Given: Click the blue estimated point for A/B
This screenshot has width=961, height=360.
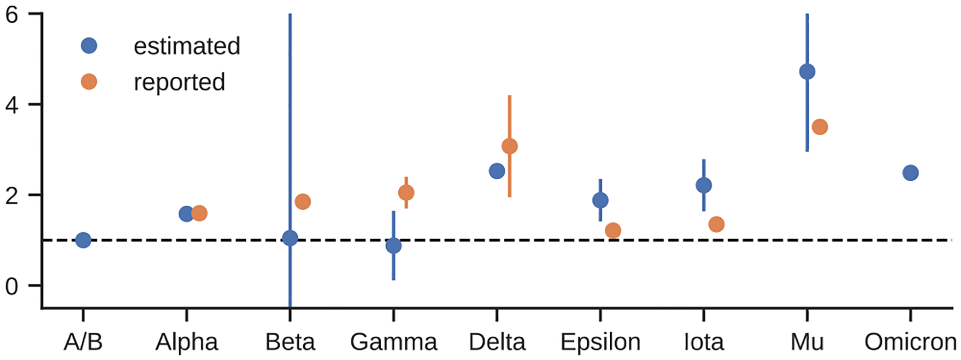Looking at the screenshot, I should pyautogui.click(x=83, y=240).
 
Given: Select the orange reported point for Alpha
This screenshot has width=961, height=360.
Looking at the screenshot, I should pyautogui.click(x=199, y=213).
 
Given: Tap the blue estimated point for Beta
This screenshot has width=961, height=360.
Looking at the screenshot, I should pyautogui.click(x=290, y=238).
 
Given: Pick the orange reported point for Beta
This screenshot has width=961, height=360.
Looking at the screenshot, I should pyautogui.click(x=303, y=201).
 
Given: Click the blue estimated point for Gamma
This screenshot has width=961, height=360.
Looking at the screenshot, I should pyautogui.click(x=394, y=246).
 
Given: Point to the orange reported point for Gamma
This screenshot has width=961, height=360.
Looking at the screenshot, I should pyautogui.click(x=406, y=193).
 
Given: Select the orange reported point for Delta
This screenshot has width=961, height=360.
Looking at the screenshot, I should pyautogui.click(x=509, y=147).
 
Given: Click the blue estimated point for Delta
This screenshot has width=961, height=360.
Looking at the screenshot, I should pyautogui.click(x=496, y=171).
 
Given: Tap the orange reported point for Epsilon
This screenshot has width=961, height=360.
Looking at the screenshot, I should pyautogui.click(x=613, y=230).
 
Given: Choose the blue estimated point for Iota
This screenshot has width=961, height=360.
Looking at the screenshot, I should pyautogui.click(x=704, y=185).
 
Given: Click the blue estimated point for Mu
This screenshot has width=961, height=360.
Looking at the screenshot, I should pyautogui.click(x=807, y=72).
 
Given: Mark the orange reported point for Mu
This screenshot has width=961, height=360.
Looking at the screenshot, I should pyautogui.click(x=820, y=127).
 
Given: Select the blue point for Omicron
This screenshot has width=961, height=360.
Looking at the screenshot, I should pyautogui.click(x=910, y=173).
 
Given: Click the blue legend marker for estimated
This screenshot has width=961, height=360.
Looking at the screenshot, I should pyautogui.click(x=89, y=46).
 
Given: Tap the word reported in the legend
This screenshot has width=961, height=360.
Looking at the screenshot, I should pyautogui.click(x=179, y=83).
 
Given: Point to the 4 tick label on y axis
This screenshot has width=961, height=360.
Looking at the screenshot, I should pyautogui.click(x=12, y=105).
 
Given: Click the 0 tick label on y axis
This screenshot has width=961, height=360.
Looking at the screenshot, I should pyautogui.click(x=12, y=286).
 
